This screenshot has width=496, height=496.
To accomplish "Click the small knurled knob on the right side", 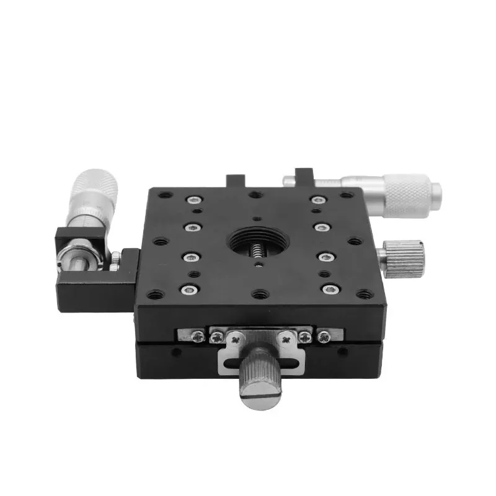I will (402, 257).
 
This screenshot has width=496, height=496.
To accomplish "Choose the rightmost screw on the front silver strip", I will (324, 336).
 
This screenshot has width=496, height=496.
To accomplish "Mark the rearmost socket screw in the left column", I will (195, 200).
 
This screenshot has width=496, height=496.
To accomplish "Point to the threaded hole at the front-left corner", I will (155, 294).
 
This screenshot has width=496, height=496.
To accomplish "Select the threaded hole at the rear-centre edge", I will (254, 195).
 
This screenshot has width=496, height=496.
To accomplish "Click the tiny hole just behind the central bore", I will (257, 218).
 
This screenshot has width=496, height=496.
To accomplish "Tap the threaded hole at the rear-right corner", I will (345, 195).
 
